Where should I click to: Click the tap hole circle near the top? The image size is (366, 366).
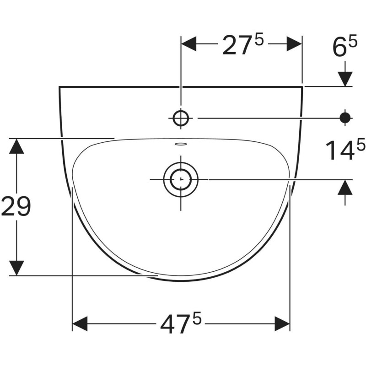[181, 118]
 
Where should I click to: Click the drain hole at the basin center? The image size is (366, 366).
[181, 179]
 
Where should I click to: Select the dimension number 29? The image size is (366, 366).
[16, 207]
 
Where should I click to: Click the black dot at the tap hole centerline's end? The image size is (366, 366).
[345, 118]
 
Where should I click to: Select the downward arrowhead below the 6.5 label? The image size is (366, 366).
[345, 79]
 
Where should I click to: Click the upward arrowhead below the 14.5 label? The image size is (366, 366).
[345, 187]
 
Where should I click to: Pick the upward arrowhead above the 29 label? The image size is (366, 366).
[17, 146]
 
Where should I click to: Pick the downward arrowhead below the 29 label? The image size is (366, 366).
[17, 268]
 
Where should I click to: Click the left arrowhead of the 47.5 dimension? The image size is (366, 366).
[80, 324]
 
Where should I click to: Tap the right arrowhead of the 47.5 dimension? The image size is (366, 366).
[282, 324]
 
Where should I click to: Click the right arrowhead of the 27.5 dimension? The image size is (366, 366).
[295, 44]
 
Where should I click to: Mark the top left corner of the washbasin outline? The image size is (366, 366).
[60, 87]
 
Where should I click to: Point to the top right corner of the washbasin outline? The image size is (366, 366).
[302, 86]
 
